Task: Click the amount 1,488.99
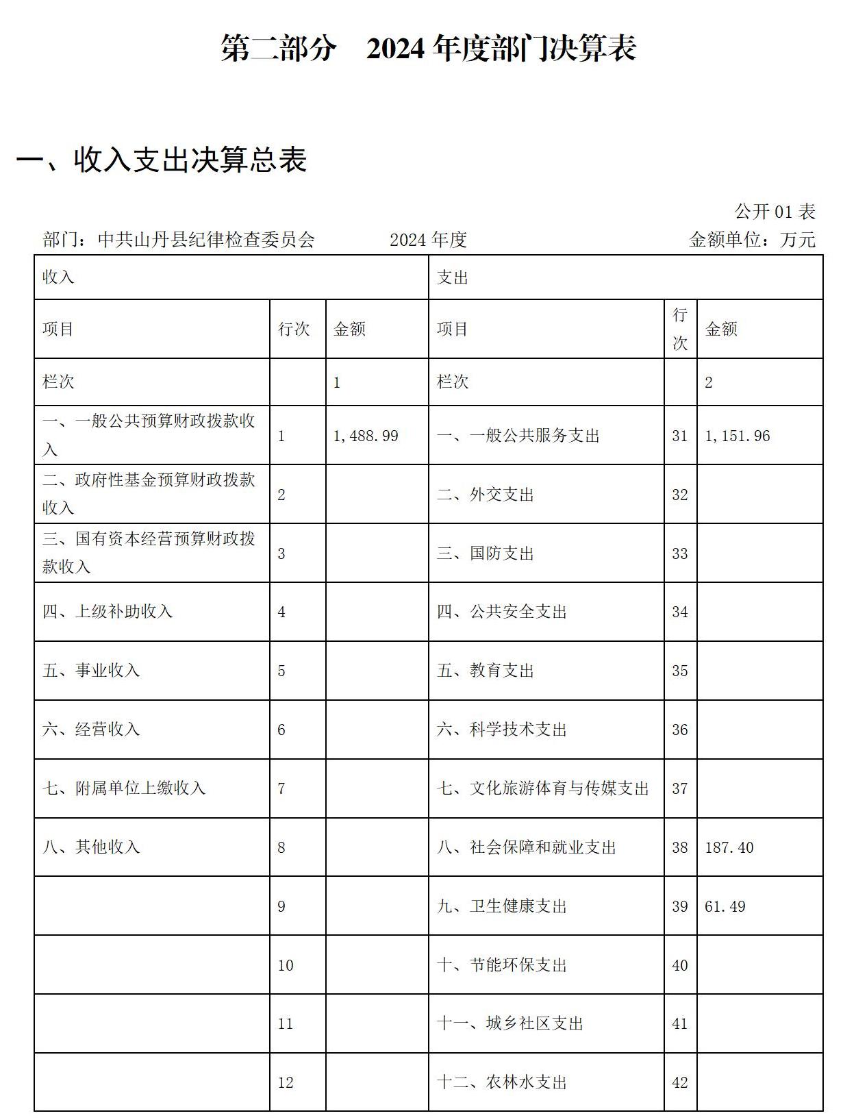[x=366, y=436]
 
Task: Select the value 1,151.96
[x=738, y=436]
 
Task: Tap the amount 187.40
[x=729, y=848]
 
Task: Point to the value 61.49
[x=725, y=907]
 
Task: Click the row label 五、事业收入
[x=91, y=671]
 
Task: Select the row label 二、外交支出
[x=486, y=495]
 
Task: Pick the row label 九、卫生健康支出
[x=502, y=907]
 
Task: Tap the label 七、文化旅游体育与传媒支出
[x=543, y=789]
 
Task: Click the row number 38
[x=679, y=848]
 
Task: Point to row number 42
[x=679, y=1083]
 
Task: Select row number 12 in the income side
[x=286, y=1083]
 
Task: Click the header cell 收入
[x=58, y=277]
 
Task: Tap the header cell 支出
[x=453, y=277]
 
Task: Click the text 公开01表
[x=775, y=212]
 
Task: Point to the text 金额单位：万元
[x=752, y=240]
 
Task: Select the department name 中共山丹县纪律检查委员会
[x=206, y=240]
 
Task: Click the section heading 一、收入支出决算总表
[x=162, y=160]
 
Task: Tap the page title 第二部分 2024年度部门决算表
[x=429, y=49]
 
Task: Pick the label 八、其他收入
[x=91, y=847]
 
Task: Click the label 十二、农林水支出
[x=502, y=1083]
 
